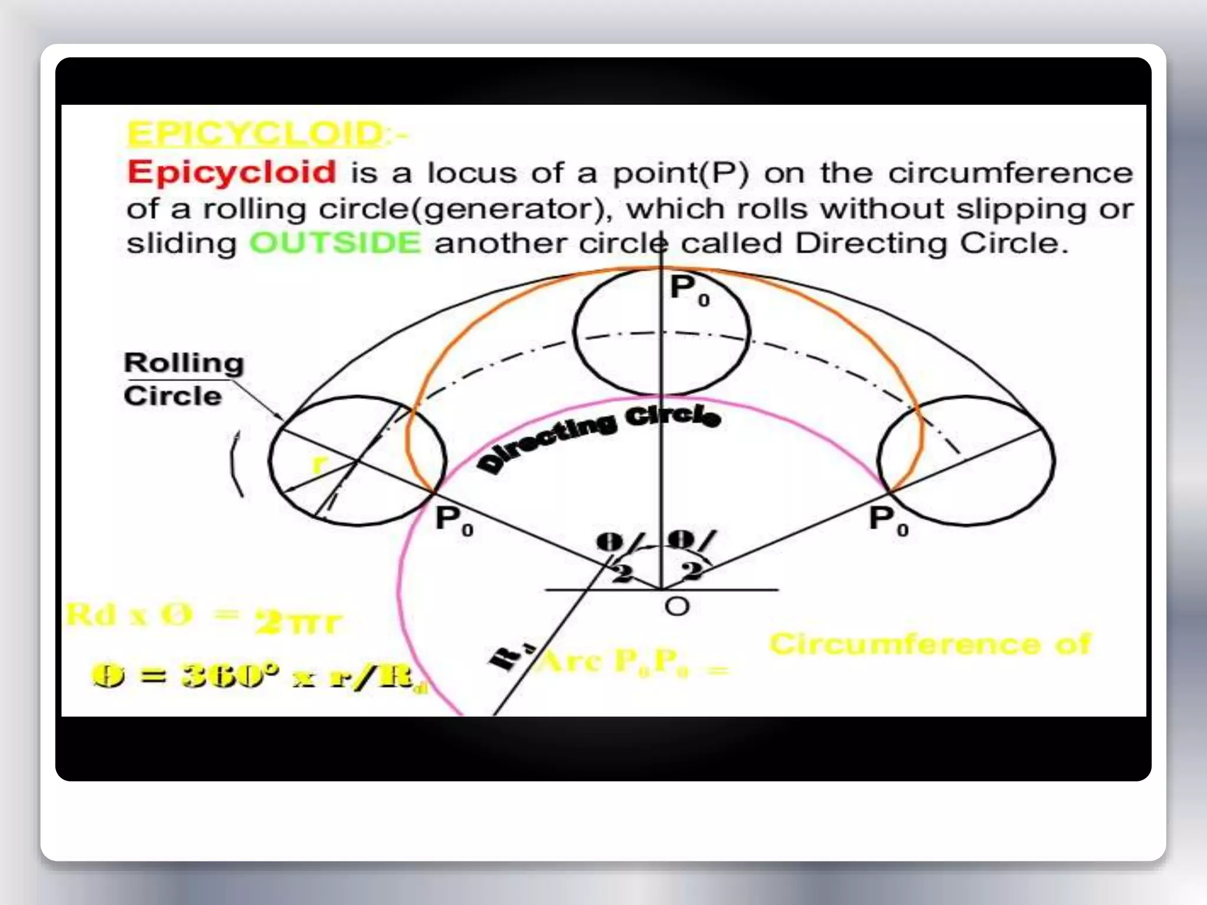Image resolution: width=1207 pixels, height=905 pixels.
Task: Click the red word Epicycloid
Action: click(x=232, y=172)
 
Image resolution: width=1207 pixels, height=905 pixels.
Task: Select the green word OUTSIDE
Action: click(x=335, y=243)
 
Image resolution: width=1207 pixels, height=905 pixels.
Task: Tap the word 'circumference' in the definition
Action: click(x=1010, y=173)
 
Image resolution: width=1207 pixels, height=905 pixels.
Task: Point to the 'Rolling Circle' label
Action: click(x=183, y=379)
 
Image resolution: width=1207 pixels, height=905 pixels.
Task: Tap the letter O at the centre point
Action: click(x=677, y=606)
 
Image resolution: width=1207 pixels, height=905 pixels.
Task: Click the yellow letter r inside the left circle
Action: click(x=318, y=464)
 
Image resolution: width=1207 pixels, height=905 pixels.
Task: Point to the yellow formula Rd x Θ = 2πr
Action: click(x=203, y=618)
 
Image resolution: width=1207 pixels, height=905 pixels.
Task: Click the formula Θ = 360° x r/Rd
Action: click(x=259, y=675)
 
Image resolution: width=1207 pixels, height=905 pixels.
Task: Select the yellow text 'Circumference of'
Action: click(x=930, y=644)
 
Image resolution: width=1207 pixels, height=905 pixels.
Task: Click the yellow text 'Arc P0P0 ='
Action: click(x=634, y=662)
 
